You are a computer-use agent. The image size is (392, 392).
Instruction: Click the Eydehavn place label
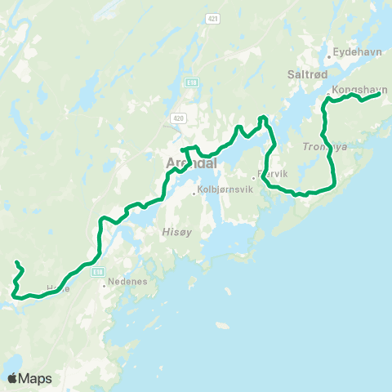[x=353, y=51]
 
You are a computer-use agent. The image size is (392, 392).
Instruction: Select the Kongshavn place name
[x=359, y=89]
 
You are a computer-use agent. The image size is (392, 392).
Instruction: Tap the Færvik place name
[x=271, y=174]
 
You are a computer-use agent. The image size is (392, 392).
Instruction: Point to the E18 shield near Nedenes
[x=98, y=271]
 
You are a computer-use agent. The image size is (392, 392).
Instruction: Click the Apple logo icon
[x=13, y=378]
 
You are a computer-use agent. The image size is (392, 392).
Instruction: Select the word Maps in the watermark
[x=36, y=379]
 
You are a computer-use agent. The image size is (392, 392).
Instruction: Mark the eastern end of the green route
[x=379, y=94]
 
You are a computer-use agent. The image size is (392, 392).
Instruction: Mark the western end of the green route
[x=17, y=262]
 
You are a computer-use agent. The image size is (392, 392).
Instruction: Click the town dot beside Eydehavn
[x=328, y=56]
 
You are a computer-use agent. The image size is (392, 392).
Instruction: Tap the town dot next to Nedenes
[x=105, y=286]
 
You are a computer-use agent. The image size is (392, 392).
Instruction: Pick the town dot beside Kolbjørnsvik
[x=194, y=193]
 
